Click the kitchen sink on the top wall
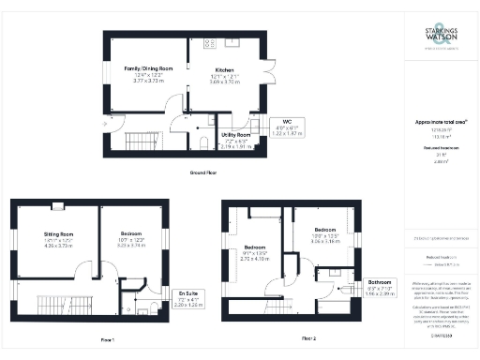231,41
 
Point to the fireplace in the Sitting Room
57,205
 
